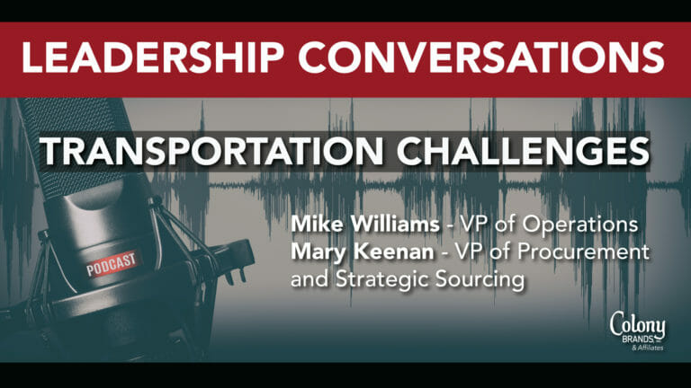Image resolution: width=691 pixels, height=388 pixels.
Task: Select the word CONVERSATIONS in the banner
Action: (x=481, y=57)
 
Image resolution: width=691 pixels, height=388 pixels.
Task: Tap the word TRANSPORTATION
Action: (x=212, y=152)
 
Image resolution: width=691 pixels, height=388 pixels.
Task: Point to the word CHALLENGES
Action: (x=523, y=152)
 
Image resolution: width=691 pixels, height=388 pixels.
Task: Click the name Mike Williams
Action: (x=365, y=225)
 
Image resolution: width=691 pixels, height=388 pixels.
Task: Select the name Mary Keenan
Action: (x=363, y=252)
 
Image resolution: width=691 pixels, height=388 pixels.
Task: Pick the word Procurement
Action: (x=583, y=252)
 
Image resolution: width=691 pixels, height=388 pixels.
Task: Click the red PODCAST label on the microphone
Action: (x=112, y=264)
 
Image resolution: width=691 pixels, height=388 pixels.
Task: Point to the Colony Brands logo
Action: (x=638, y=331)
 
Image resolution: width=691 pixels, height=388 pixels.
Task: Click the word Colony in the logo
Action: (x=638, y=324)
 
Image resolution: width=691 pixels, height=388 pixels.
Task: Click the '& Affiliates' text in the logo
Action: (x=648, y=348)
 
